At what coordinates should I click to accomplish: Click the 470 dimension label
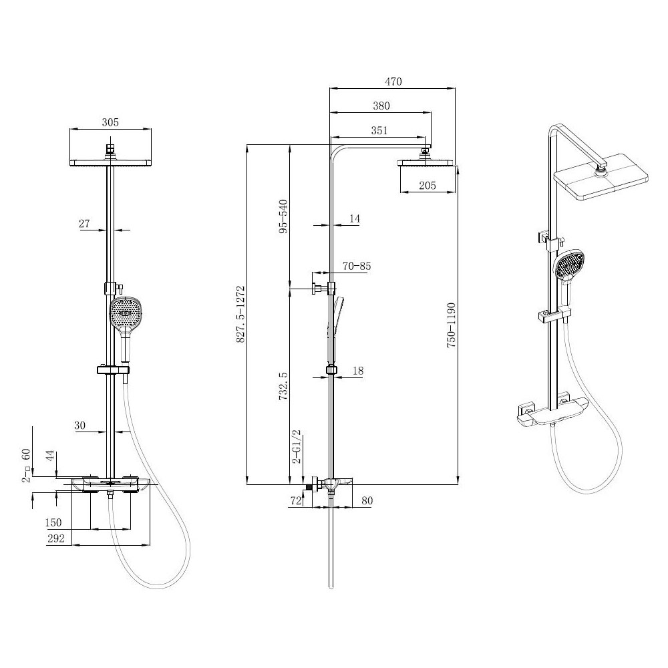click(393, 81)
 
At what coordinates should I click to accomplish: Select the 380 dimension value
click(381, 106)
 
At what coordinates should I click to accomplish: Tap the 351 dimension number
click(379, 130)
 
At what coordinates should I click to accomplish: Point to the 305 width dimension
click(110, 122)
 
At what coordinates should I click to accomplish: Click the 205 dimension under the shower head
click(428, 185)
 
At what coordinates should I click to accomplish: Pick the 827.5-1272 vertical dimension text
click(240, 315)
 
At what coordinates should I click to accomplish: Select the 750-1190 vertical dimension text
click(451, 325)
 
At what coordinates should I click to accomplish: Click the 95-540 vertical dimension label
click(283, 216)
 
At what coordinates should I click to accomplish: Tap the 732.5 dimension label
click(283, 386)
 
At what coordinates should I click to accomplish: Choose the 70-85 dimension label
click(357, 267)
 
